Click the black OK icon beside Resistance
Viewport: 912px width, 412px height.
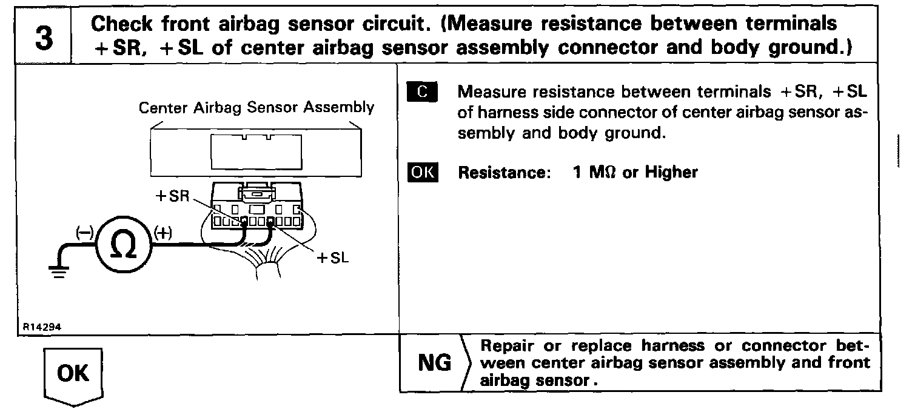[x=423, y=172]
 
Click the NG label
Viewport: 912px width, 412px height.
[x=434, y=364]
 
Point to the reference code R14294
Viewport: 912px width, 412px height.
[x=42, y=325]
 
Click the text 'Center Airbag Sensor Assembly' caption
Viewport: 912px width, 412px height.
[x=256, y=108]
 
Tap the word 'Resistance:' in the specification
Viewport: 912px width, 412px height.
[x=503, y=173]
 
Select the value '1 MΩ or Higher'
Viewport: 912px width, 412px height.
[x=635, y=173]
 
